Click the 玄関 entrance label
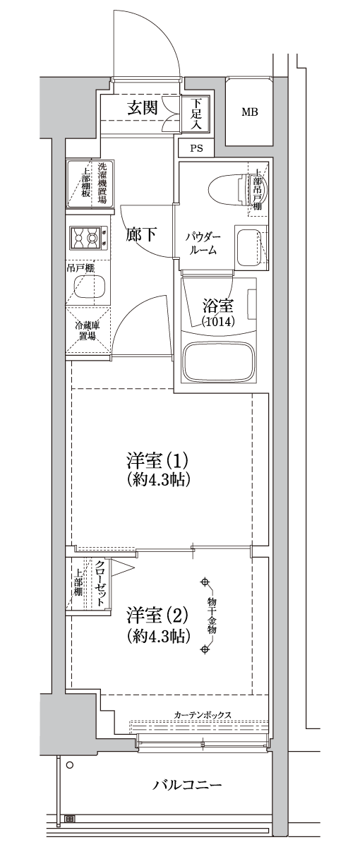click(x=141, y=108)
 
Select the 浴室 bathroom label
click(x=218, y=306)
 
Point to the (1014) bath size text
click(x=218, y=322)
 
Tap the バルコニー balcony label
click(x=188, y=785)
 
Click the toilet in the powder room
click(x=224, y=188)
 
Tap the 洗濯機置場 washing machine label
click(x=102, y=182)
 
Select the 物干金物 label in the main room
click(x=211, y=615)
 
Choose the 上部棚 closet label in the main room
click(x=78, y=583)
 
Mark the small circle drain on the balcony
click(x=69, y=764)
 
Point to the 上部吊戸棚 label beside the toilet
click(x=258, y=188)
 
